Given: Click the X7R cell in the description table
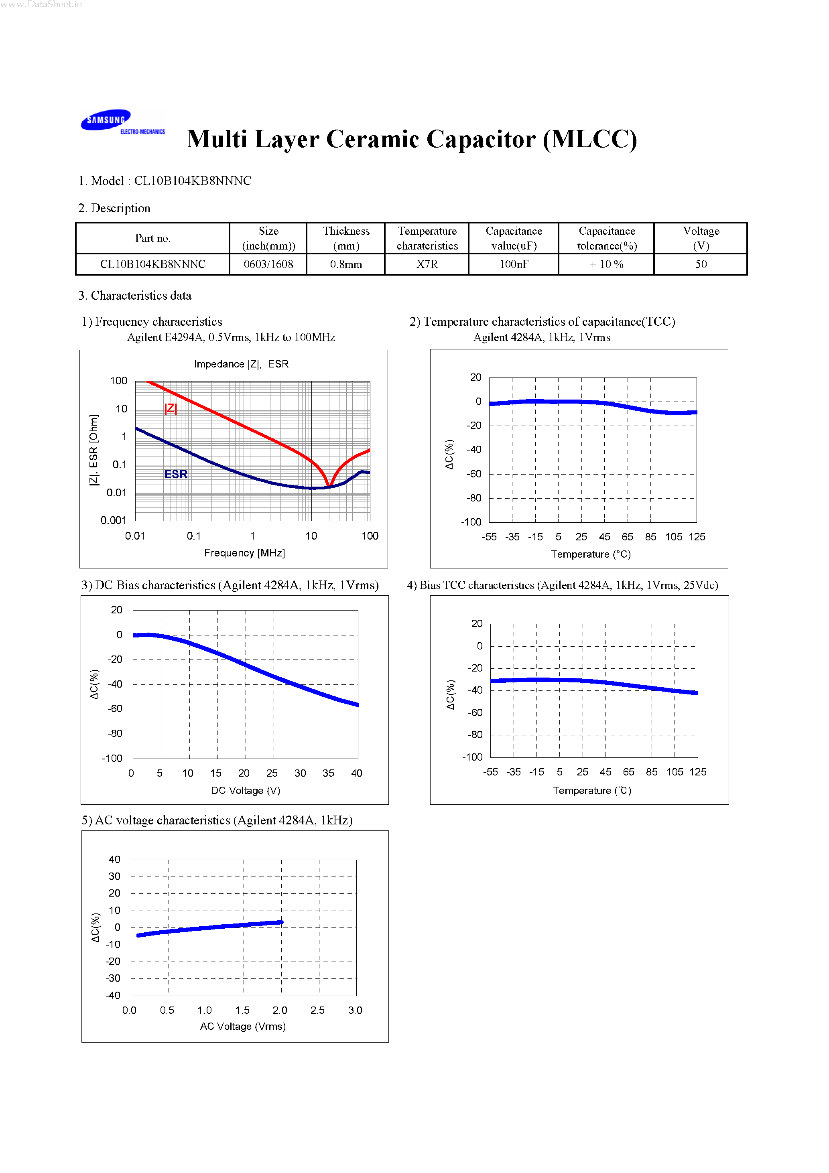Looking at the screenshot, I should [427, 264].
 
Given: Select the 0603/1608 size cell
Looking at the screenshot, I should [268, 264].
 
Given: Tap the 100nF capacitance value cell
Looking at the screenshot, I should [514, 264].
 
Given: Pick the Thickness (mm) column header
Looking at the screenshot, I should [346, 238].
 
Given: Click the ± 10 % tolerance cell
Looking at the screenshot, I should [606, 264].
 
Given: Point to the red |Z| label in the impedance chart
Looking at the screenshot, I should [171, 408].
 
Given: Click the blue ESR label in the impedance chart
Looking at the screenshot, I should [176, 474].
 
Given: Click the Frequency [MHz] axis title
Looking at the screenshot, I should [244, 553].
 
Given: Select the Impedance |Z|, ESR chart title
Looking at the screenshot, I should [241, 364].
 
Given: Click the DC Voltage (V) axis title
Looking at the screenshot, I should [245, 790].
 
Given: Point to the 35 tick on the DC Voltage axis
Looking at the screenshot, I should [328, 773].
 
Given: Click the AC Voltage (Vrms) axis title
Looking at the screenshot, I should [243, 1026].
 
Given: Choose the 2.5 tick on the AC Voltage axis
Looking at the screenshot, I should [317, 1010].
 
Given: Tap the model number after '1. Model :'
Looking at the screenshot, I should [193, 181].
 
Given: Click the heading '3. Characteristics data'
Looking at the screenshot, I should [135, 296].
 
